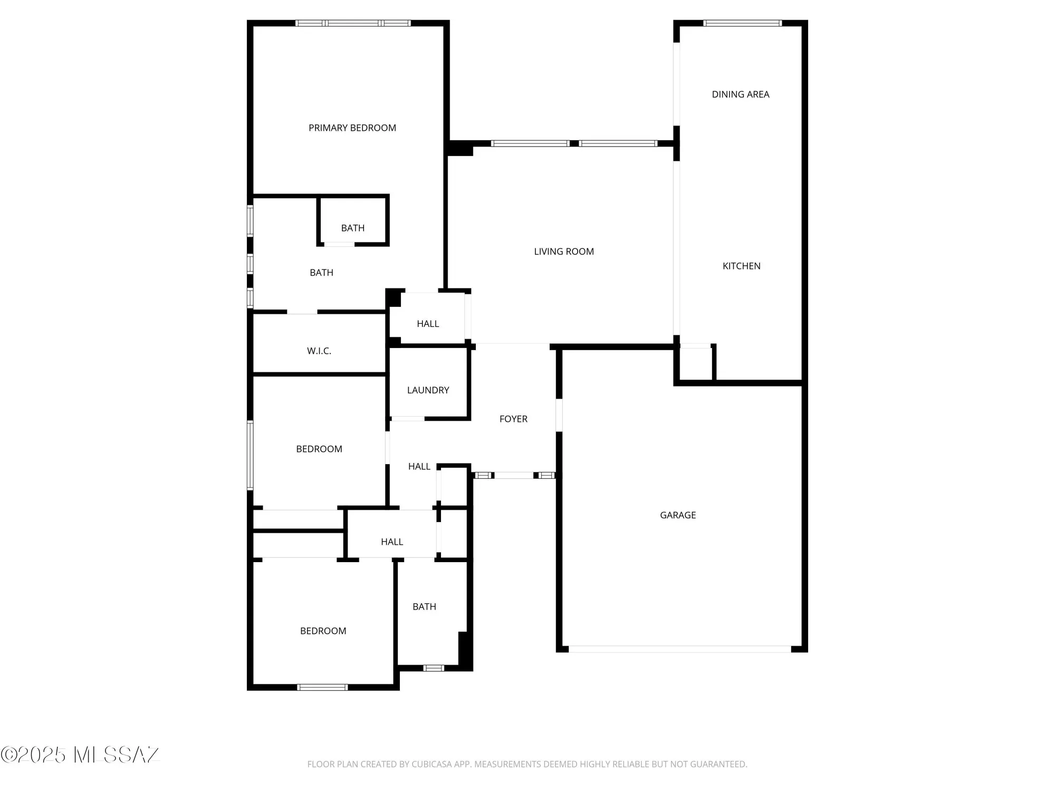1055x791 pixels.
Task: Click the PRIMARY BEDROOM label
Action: pos(352,128)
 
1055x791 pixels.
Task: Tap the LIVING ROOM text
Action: pos(563,252)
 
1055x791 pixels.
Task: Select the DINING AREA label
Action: pos(740,94)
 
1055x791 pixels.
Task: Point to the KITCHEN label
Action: pos(741,266)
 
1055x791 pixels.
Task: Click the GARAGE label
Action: pos(678,515)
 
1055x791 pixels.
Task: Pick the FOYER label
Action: pos(513,419)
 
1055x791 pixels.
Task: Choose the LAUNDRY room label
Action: pos(428,390)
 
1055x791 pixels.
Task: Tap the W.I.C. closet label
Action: pos(319,351)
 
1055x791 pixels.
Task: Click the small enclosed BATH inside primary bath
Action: pos(352,228)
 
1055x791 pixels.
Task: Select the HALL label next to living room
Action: pos(427,324)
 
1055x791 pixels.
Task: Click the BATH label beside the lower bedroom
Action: pos(424,607)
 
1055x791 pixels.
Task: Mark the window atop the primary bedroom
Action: pos(352,23)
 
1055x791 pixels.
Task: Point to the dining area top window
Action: pos(742,23)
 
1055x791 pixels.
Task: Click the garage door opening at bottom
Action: pos(679,649)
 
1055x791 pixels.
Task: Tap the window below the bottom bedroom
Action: pos(322,687)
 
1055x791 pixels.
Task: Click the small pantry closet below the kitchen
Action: pos(696,363)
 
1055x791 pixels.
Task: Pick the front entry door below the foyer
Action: pos(514,476)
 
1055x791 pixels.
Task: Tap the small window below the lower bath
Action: pos(434,668)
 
